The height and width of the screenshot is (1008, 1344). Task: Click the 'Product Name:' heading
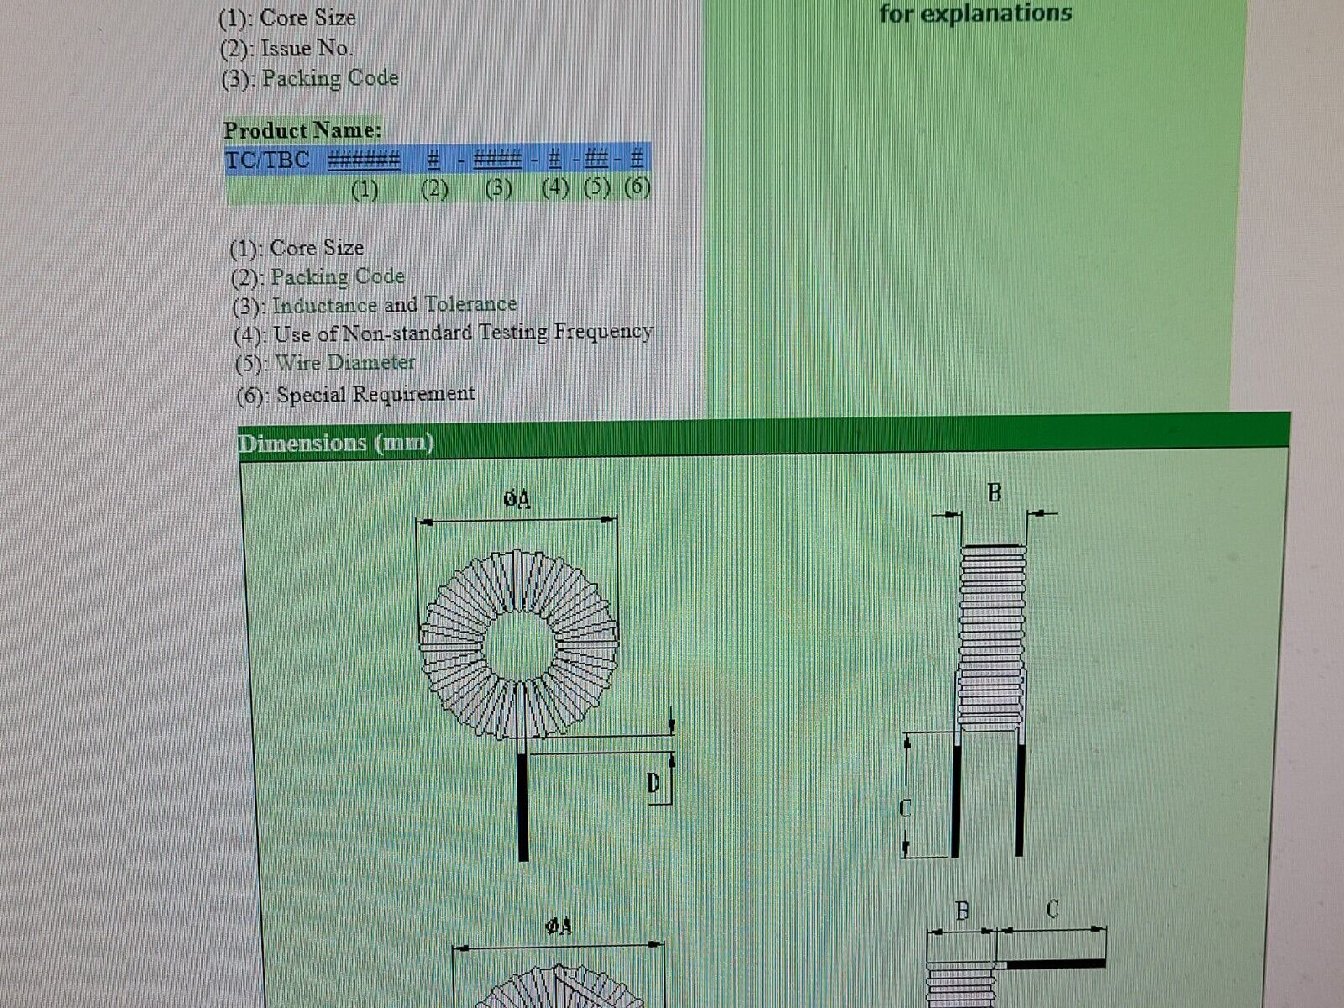[302, 130]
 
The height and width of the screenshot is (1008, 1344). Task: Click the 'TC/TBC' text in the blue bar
[268, 160]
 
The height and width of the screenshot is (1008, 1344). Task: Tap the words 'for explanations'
[975, 13]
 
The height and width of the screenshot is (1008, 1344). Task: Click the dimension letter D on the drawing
[654, 783]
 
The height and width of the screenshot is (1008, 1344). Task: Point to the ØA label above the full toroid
[517, 500]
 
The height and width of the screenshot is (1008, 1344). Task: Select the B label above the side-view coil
[995, 493]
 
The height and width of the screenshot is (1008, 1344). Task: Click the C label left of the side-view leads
[906, 808]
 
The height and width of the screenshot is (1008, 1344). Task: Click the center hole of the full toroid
[519, 646]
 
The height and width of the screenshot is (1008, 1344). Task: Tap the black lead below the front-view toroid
[523, 806]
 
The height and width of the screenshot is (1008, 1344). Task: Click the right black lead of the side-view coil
[1019, 800]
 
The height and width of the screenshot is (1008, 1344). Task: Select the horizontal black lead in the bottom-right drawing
[1056, 963]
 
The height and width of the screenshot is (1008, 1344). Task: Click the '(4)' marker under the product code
[555, 188]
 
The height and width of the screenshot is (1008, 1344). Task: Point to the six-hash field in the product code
[364, 160]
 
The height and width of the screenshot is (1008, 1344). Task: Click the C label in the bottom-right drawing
[1053, 909]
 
